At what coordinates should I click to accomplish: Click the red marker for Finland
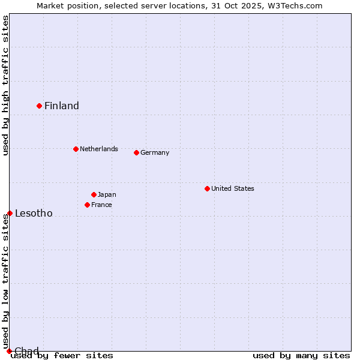pos(40,106)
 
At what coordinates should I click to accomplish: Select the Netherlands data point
pos(76,149)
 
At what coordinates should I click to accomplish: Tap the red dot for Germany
pos(136,152)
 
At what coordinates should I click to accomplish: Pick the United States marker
pos(207,188)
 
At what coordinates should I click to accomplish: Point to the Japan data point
pos(94,194)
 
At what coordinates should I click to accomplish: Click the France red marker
pos(87,205)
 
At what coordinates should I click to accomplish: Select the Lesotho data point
pos(10,213)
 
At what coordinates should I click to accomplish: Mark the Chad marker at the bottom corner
pos(9,351)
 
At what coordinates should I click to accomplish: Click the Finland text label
pos(62,106)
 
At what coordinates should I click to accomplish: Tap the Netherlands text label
pos(99,149)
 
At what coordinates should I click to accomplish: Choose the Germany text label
pos(155,152)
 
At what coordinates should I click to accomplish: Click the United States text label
pos(233,188)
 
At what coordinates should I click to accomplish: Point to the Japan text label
pos(107,194)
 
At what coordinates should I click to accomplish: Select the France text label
pos(101,205)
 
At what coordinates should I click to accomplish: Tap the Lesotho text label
pos(34,214)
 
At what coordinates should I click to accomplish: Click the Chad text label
pos(26,351)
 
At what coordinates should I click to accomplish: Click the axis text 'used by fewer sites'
pos(62,356)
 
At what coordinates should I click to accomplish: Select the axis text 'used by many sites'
pos(301,356)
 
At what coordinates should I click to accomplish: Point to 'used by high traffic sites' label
pos(5,85)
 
